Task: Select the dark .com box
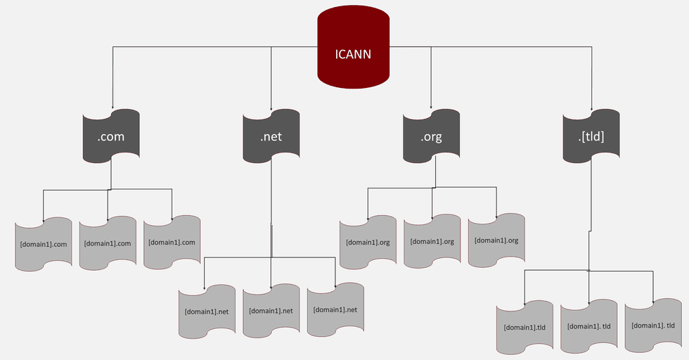[111, 136]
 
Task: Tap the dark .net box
[271, 136]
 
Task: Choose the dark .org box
[431, 136]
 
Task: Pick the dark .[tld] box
[591, 136]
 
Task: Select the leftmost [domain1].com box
[44, 243]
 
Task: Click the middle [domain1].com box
[108, 243]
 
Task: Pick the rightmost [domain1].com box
[172, 243]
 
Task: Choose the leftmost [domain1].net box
[206, 310]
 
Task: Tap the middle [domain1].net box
[271, 310]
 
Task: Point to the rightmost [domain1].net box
[335, 310]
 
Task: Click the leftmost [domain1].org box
[367, 241]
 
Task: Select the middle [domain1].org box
[432, 241]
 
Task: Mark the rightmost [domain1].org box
[496, 241]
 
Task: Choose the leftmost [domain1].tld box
[524, 326]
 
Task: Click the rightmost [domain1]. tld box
[653, 326]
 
